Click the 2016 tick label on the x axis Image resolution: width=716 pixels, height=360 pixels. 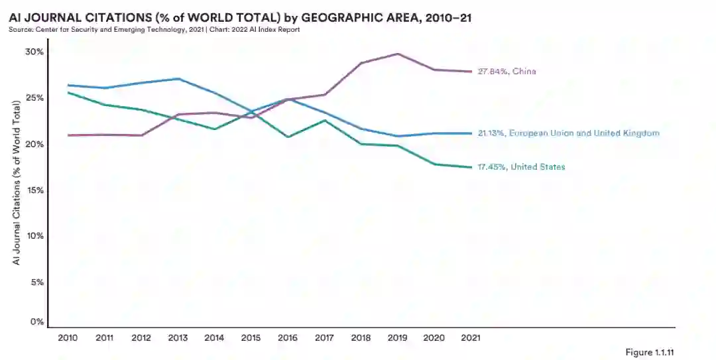click(x=288, y=337)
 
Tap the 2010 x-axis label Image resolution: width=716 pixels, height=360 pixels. click(x=68, y=337)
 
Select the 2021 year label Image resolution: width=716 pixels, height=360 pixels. click(x=471, y=337)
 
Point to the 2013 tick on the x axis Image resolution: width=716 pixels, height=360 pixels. click(x=178, y=337)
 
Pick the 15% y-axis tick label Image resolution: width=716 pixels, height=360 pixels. click(x=34, y=190)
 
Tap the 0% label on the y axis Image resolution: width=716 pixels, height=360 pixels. click(x=37, y=322)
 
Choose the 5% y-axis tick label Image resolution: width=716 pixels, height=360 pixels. click(x=37, y=282)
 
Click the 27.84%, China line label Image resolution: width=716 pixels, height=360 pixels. click(x=507, y=72)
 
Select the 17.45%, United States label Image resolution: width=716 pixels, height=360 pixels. click(x=521, y=167)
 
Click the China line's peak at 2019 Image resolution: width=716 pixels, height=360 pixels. click(x=398, y=54)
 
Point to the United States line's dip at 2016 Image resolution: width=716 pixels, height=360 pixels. click(x=288, y=137)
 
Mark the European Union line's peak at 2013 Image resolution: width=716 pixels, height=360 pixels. click(x=178, y=79)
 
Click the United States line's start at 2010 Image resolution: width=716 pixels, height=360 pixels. click(x=68, y=92)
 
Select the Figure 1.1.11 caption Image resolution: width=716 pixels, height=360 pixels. click(x=654, y=351)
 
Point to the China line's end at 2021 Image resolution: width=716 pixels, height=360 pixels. click(x=471, y=72)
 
